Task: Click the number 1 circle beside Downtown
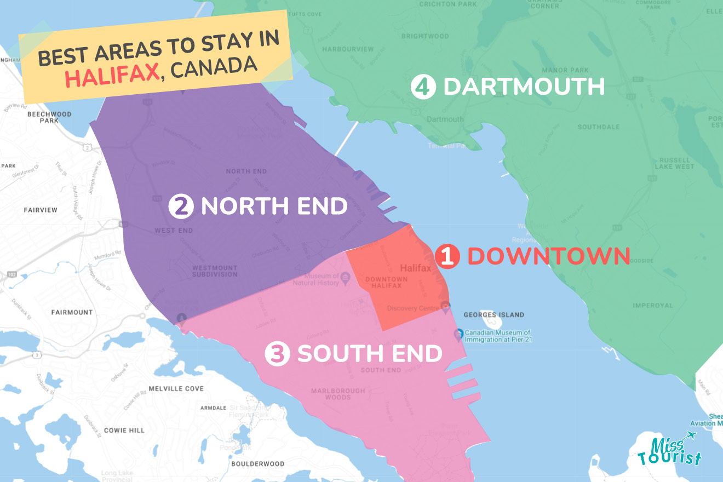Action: [447, 257]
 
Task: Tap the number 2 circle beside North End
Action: [181, 206]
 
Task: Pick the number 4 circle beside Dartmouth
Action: [423, 87]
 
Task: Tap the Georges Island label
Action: [494, 315]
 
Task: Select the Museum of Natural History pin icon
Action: [345, 279]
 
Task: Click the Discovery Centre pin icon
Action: [446, 307]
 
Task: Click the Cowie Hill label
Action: [124, 431]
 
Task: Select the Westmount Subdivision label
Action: [215, 271]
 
